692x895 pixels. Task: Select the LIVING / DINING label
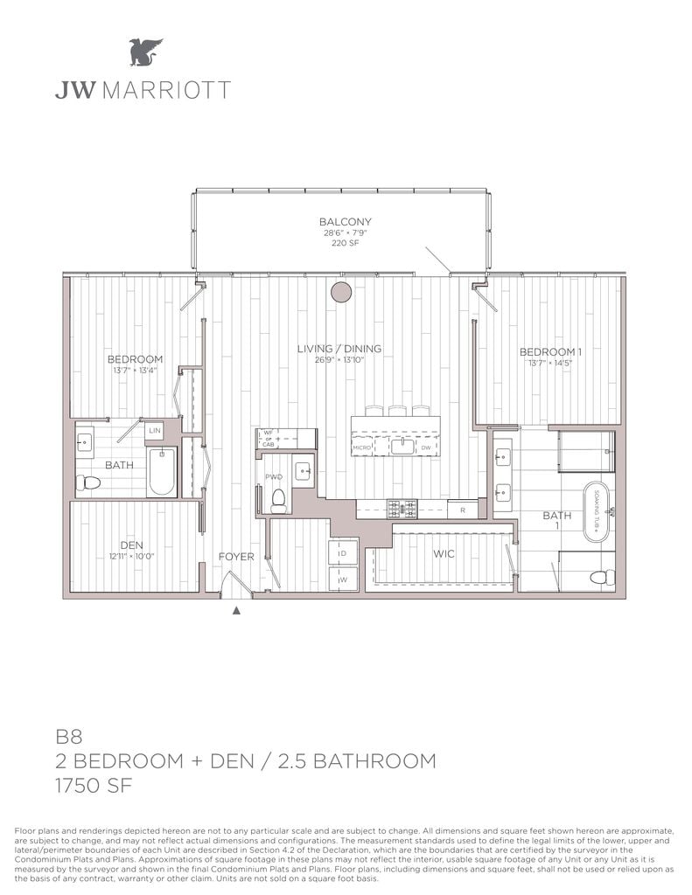click(339, 349)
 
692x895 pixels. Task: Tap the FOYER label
click(236, 557)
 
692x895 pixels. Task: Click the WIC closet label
click(444, 554)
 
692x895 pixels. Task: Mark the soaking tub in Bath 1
click(601, 507)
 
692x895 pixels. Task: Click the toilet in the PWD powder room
click(280, 500)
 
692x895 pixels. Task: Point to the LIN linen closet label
click(154, 431)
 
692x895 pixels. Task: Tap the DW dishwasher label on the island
click(425, 447)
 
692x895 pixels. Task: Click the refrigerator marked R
click(462, 508)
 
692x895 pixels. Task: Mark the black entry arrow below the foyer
click(236, 611)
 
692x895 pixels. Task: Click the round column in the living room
click(339, 293)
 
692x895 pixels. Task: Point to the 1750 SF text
click(94, 786)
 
